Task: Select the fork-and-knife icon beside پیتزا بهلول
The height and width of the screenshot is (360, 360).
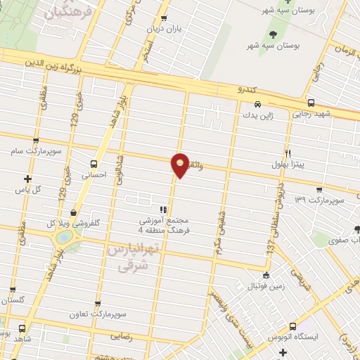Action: [x=288, y=153]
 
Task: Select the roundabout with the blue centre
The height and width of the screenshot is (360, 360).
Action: [x=64, y=238]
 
